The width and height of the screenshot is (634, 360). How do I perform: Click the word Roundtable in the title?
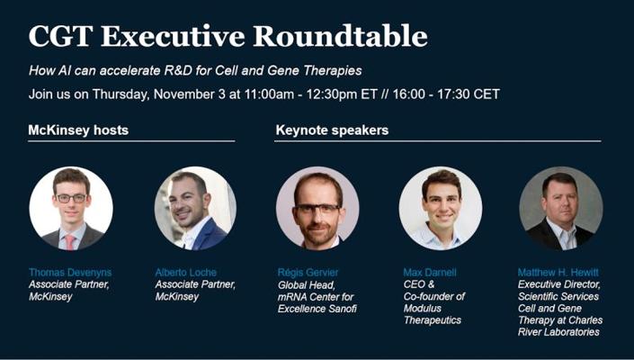[x=340, y=36]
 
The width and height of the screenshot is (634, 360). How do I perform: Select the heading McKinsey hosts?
[x=78, y=130]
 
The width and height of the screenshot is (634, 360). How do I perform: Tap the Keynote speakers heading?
[x=332, y=130]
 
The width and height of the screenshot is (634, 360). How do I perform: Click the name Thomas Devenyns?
[x=70, y=272]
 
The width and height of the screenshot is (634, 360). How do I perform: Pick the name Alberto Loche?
[x=186, y=272]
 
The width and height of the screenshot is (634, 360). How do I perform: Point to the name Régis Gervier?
[x=308, y=272]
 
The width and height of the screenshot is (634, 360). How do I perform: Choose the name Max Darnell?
[x=429, y=272]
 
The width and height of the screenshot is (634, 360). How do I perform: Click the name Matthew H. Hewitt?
[x=558, y=272]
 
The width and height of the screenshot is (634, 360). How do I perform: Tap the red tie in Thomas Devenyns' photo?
[x=70, y=242]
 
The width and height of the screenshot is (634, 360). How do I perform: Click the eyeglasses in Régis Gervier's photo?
[x=317, y=209]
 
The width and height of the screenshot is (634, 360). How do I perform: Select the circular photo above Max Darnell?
[x=441, y=208]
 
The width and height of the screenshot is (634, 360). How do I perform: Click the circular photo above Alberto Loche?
[x=196, y=208]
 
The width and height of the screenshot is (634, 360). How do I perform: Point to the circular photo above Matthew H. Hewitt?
[x=561, y=208]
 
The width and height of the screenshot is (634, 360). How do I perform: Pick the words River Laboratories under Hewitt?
[x=558, y=332]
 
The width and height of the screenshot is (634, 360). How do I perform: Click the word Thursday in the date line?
[x=121, y=94]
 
